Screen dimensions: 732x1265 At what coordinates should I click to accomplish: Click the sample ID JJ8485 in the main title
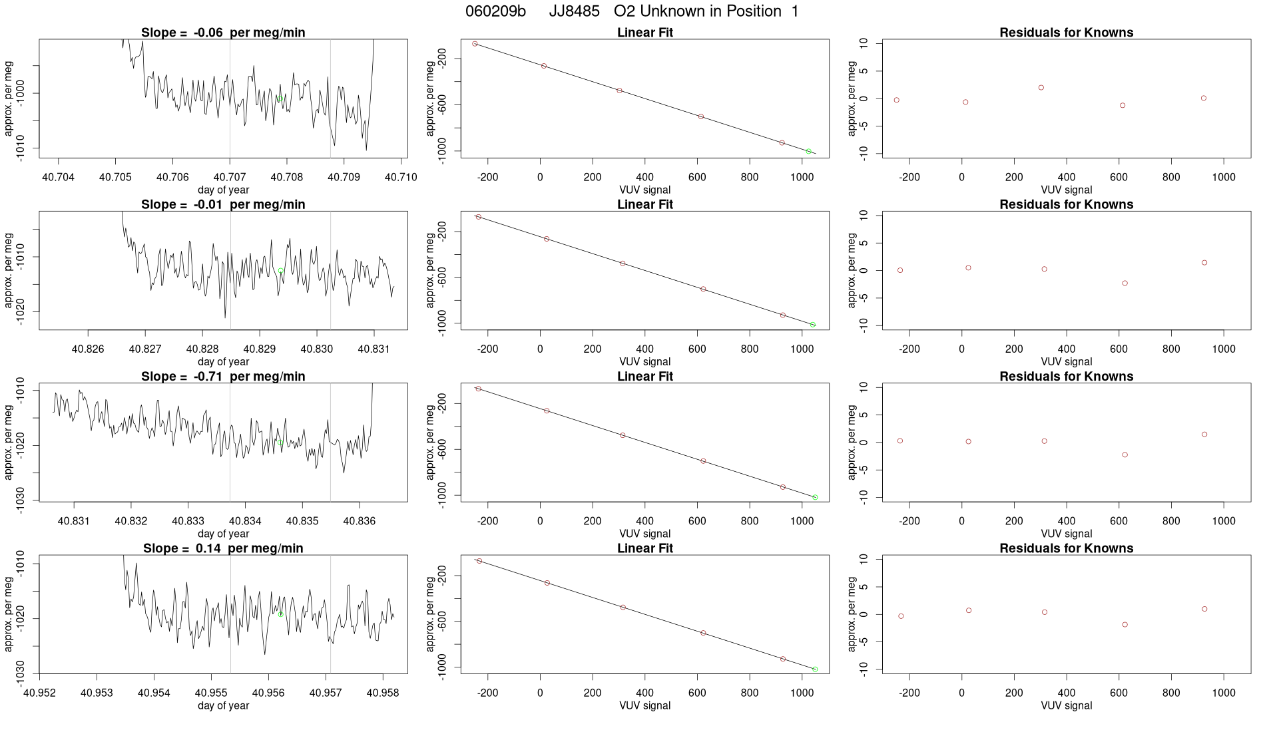(x=574, y=11)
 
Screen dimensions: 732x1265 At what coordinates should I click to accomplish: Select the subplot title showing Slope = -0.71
(x=223, y=377)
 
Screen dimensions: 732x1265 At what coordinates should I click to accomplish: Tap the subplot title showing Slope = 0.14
(x=223, y=548)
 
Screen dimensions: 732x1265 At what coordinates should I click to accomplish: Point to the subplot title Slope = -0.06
(x=223, y=33)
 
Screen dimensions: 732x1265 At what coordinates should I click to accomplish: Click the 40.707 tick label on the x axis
(x=230, y=177)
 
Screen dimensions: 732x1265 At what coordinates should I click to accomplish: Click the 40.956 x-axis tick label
(x=268, y=693)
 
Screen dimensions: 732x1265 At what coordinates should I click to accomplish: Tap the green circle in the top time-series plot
(x=281, y=98)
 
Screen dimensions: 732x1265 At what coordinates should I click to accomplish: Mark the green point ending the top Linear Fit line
(x=809, y=152)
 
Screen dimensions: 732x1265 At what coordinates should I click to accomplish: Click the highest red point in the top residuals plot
(x=1041, y=88)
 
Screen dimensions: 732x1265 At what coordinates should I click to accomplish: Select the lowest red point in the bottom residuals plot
(x=1125, y=625)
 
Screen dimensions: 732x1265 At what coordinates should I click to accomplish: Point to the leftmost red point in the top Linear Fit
(x=475, y=44)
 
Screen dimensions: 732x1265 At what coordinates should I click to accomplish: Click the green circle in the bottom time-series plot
(x=281, y=614)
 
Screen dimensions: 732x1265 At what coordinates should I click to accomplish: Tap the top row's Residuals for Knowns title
(x=1066, y=33)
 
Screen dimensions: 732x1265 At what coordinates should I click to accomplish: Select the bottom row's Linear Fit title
(x=644, y=548)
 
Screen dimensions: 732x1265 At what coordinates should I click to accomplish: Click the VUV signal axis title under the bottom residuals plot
(x=1066, y=705)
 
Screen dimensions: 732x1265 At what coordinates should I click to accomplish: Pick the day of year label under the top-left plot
(x=223, y=190)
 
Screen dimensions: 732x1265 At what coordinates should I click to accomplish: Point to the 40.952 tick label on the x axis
(x=40, y=693)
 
